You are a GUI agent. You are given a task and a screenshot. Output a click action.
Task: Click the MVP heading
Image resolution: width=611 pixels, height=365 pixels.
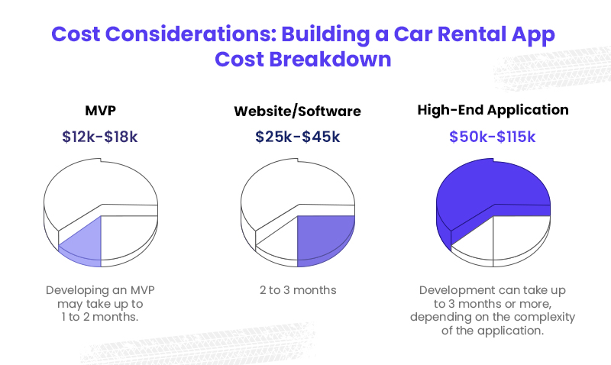[x=100, y=109]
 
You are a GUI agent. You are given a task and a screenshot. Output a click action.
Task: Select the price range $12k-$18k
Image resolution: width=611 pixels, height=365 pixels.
[x=100, y=137]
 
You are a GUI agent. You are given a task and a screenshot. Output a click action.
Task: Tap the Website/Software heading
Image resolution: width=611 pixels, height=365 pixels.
[x=297, y=111]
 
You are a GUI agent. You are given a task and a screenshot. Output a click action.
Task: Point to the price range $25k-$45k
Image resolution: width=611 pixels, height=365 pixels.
[x=297, y=137]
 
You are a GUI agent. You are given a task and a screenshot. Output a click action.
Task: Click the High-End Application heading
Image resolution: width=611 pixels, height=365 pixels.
[x=493, y=110]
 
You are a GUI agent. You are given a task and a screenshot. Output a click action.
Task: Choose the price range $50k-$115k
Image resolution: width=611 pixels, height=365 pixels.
[x=493, y=137]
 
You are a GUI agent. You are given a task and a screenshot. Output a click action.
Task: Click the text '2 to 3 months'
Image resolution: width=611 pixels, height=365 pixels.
[x=297, y=290]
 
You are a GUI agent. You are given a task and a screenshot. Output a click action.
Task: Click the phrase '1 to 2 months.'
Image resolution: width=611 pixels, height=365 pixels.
[x=100, y=316]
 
